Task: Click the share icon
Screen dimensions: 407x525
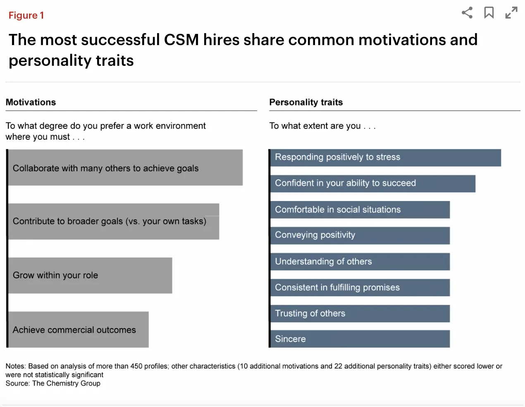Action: point(467,13)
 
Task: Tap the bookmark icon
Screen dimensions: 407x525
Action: point(489,13)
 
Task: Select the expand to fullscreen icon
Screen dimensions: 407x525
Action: point(511,13)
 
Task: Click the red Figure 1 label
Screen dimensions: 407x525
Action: point(26,16)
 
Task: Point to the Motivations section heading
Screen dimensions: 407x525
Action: point(31,102)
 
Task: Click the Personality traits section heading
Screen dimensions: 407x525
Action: point(306,102)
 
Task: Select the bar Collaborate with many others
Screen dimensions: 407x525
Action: point(125,168)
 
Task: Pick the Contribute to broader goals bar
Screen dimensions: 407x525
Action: point(114,221)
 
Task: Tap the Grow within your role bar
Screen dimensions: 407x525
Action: point(90,275)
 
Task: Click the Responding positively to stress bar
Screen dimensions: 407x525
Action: point(385,158)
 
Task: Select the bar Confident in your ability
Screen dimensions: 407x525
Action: point(372,184)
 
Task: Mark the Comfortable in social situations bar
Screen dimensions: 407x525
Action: point(360,210)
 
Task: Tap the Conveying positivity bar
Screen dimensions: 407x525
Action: point(360,235)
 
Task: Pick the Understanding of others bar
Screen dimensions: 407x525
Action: point(360,261)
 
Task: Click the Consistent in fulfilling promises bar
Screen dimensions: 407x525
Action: point(360,287)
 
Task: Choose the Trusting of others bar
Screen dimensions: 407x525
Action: point(360,314)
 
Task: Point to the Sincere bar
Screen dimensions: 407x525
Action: point(360,339)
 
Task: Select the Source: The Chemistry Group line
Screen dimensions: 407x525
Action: point(53,383)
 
